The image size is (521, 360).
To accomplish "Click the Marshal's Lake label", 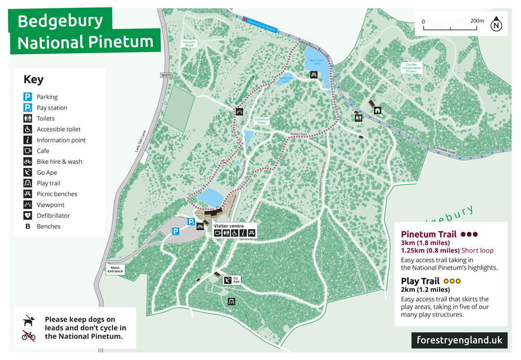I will point(317,61).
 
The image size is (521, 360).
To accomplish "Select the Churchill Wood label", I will point(189,44).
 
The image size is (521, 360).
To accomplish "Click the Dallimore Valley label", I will point(262,121).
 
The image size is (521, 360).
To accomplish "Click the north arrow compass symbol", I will point(497,24).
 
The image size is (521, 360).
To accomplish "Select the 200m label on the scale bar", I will point(477,21).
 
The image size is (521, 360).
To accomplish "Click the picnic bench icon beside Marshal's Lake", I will point(314,76).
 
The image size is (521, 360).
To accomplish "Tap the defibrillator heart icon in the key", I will point(28,216).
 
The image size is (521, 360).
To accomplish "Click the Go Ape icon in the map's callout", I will point(228,281).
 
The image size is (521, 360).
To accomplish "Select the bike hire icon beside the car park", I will point(200,226).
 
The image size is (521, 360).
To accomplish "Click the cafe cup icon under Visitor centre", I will point(218,233).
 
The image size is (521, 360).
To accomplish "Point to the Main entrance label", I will point(116,270).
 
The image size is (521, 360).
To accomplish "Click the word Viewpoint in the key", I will point(51,205).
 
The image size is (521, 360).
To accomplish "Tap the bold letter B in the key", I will point(28,227).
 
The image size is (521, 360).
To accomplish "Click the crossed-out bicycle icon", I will point(29,336).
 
